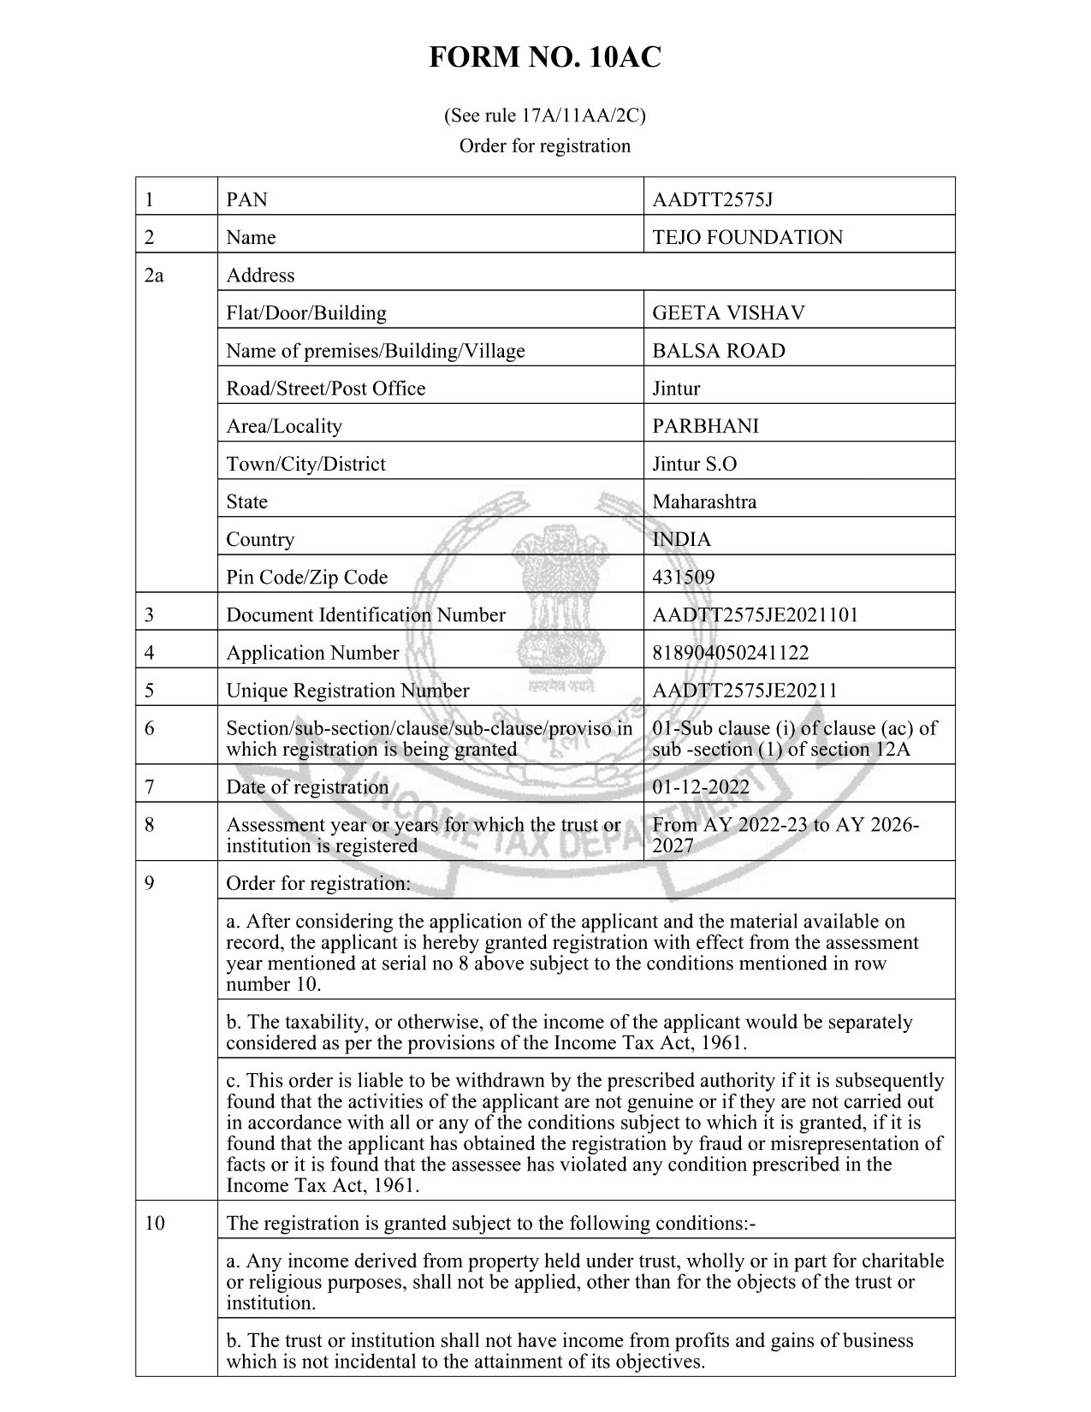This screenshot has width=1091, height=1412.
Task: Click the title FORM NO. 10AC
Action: [544, 58]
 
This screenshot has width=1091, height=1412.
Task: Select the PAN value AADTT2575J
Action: [712, 200]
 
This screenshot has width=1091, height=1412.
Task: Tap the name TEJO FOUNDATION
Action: [747, 238]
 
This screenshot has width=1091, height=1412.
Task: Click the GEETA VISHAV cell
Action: [728, 313]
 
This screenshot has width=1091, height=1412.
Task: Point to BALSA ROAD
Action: [719, 351]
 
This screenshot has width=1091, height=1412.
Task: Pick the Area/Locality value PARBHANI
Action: [705, 426]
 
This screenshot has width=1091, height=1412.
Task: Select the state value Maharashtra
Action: [704, 501]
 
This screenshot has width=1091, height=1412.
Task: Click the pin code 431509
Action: [683, 578]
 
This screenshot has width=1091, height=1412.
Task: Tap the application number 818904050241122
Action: [730, 653]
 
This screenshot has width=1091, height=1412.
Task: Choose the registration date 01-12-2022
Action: [701, 787]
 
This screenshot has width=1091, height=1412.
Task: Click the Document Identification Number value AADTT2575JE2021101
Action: [755, 615]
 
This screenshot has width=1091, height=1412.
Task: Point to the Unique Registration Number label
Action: [347, 691]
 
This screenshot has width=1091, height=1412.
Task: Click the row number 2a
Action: [154, 276]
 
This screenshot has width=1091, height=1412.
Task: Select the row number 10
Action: [154, 1223]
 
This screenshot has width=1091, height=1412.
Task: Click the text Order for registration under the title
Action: [544, 146]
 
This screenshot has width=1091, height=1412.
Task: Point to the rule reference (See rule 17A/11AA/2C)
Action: [544, 116]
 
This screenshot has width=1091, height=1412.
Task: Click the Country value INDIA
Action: [681, 540]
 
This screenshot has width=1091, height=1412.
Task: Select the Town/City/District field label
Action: [305, 464]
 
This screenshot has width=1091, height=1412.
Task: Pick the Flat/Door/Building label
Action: [305, 313]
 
